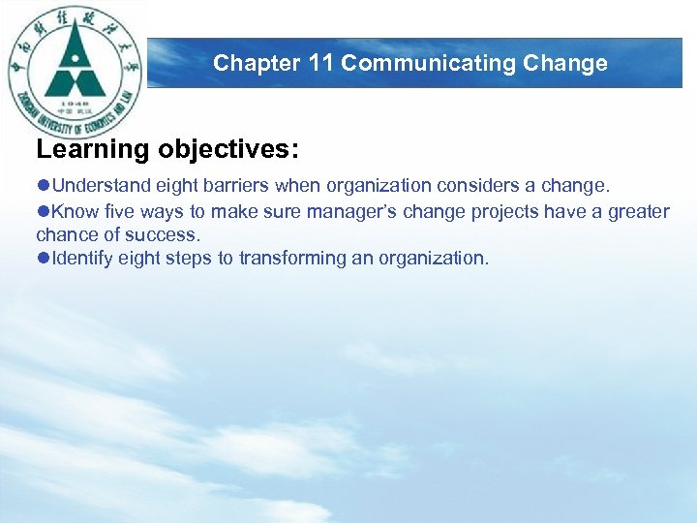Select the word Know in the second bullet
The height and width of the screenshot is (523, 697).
[72, 211]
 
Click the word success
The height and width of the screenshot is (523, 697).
[169, 234]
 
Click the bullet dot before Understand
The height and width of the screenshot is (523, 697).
[43, 186]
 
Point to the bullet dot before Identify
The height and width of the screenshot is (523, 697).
[43, 258]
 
